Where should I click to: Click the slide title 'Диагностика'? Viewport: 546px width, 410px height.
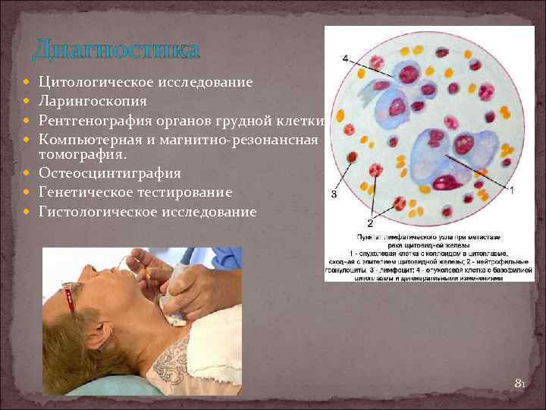tap(116, 51)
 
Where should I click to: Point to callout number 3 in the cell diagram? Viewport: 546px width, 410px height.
tap(334, 195)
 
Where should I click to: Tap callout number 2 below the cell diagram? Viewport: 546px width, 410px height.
tap(369, 222)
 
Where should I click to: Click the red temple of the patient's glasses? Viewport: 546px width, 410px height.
tap(73, 301)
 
